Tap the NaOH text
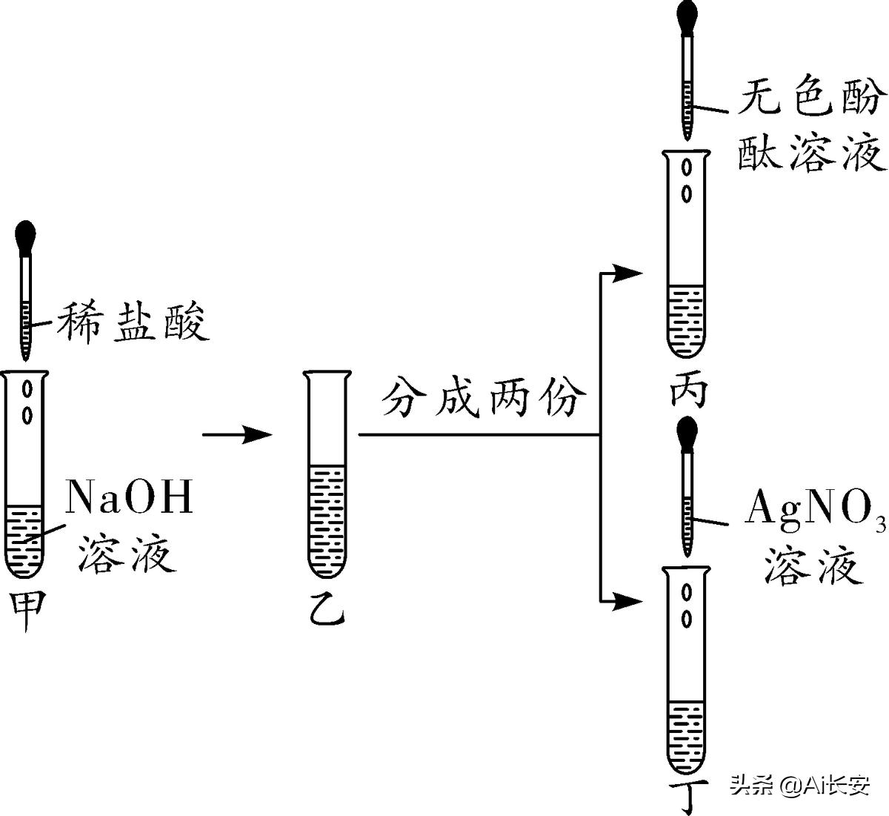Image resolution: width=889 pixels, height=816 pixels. [x=130, y=497]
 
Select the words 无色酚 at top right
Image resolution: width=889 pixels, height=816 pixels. [x=810, y=99]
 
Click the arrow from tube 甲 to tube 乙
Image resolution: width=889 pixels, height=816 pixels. [x=238, y=434]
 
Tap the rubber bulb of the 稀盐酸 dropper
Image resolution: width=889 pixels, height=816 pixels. [x=27, y=236]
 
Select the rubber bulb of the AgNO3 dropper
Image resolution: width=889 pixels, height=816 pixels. [x=688, y=432]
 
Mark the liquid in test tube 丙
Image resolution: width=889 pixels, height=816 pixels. [x=687, y=319]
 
